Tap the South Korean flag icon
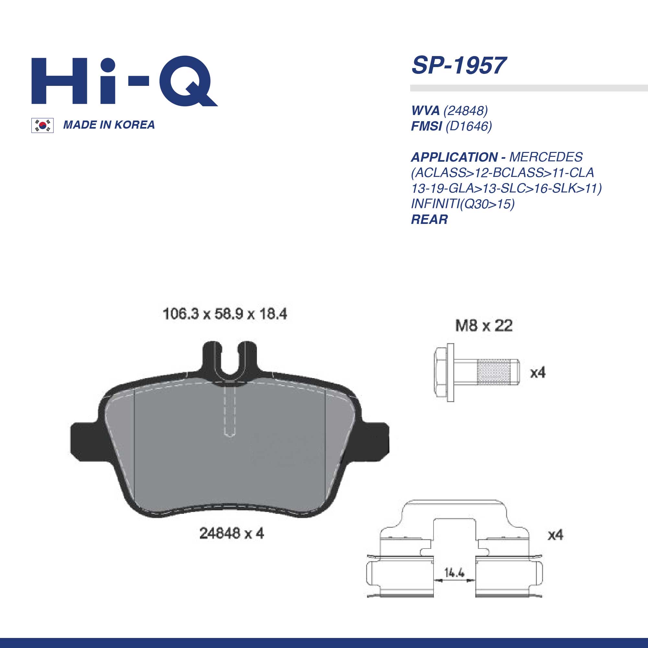[x=42, y=125]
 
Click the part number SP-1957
[x=458, y=65]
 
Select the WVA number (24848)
[x=449, y=110]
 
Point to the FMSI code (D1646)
[x=451, y=126]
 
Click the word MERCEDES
[x=546, y=157]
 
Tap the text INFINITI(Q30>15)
[x=463, y=204]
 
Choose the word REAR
[x=429, y=219]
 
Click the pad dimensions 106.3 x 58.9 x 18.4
[x=225, y=314]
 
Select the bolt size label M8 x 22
[x=484, y=326]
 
